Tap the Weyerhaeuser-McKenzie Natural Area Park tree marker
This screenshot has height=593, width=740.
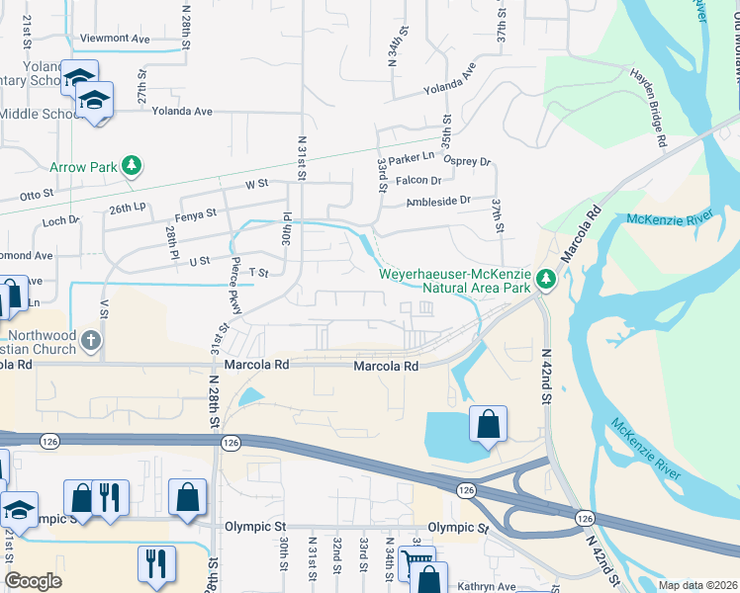tap(545, 282)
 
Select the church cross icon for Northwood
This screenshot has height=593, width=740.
tap(91, 342)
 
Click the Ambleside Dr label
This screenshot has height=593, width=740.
tap(439, 201)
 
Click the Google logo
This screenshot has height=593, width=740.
tap(33, 581)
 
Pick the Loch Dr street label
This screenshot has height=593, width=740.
tap(60, 221)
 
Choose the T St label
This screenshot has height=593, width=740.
tap(259, 272)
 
